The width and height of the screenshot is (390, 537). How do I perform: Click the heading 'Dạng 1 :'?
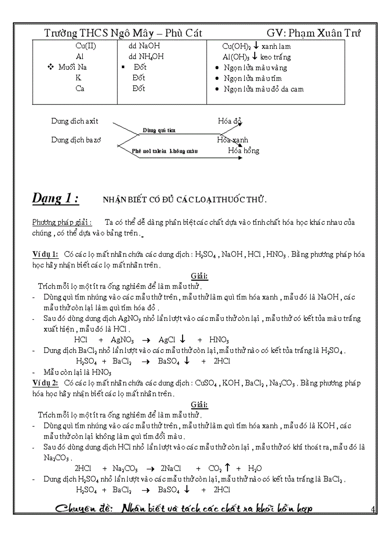click(55, 199)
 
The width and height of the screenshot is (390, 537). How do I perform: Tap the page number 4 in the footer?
click(372, 508)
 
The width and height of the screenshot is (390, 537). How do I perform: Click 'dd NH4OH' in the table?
click(142, 57)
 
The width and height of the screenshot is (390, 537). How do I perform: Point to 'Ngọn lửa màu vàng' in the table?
click(256, 68)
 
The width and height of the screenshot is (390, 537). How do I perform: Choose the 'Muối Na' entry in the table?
click(73, 67)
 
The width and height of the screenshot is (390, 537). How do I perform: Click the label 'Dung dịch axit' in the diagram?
click(75, 121)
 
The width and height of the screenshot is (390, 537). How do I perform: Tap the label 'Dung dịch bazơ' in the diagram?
click(76, 140)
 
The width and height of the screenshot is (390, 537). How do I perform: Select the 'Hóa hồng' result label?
click(243, 151)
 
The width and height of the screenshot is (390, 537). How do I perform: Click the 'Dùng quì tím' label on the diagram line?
click(159, 130)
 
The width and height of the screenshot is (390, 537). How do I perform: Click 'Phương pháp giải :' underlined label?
click(62, 222)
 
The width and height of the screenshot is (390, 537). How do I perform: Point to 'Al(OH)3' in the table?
click(233, 57)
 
